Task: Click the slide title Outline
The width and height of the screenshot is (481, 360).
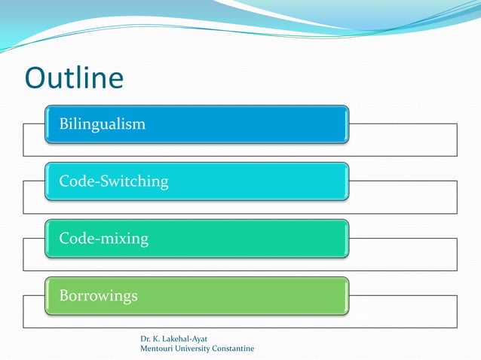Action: [x=74, y=79]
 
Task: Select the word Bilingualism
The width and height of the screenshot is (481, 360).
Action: [x=103, y=124]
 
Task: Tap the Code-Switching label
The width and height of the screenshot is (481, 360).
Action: [x=114, y=182]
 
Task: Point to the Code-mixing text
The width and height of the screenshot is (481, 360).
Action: [x=104, y=239]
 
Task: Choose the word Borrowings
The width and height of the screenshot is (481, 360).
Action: [x=99, y=296]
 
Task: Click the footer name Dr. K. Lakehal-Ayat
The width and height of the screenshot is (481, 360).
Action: [x=174, y=339]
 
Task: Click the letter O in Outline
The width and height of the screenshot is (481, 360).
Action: [x=37, y=79]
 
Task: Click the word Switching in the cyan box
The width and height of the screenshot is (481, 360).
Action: [x=133, y=182]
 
